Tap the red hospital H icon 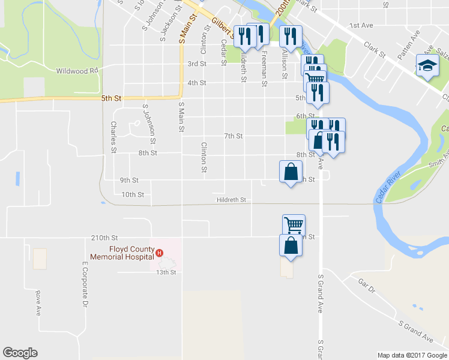tap(160, 253)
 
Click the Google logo tap(20, 353)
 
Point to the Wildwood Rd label tap(77, 71)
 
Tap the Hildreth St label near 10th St tap(232, 200)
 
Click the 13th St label tap(165, 272)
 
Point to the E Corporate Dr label tap(85, 285)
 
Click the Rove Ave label tap(37, 303)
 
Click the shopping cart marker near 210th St tap(294, 225)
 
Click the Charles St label tap(113, 137)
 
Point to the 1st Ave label tap(362, 26)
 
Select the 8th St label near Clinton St tap(147, 153)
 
